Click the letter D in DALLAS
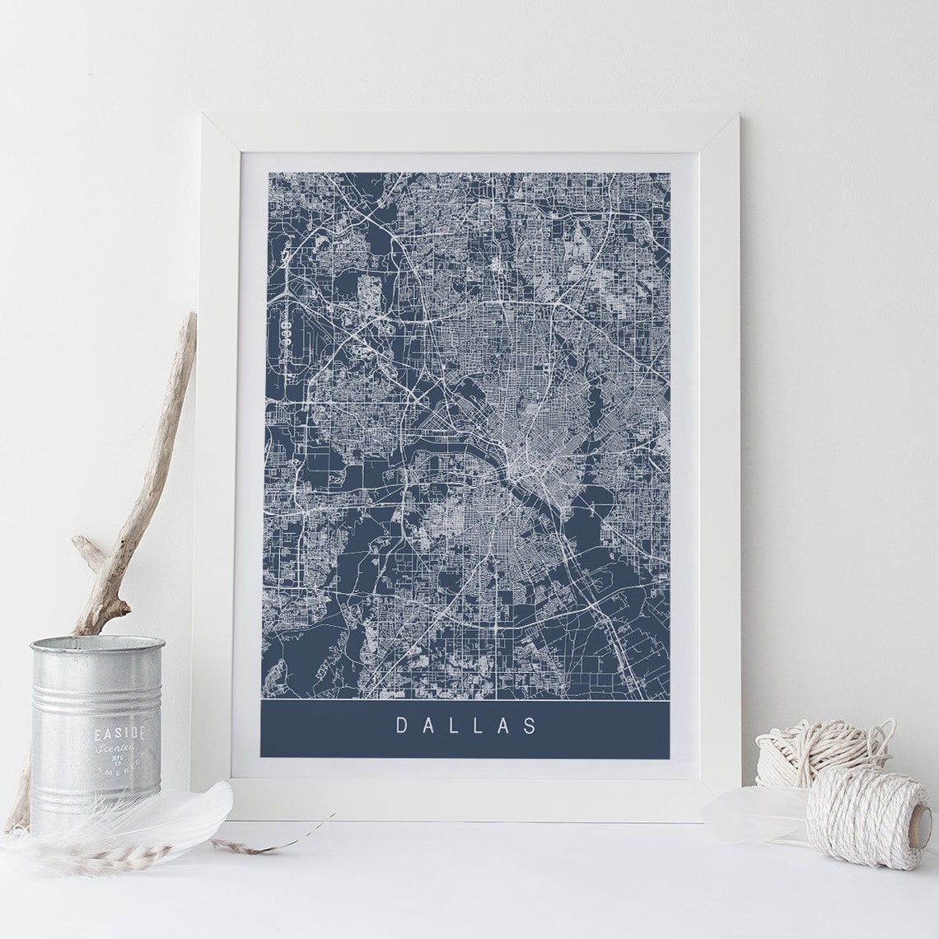[402, 726]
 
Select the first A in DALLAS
[428, 726]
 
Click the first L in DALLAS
[455, 726]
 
